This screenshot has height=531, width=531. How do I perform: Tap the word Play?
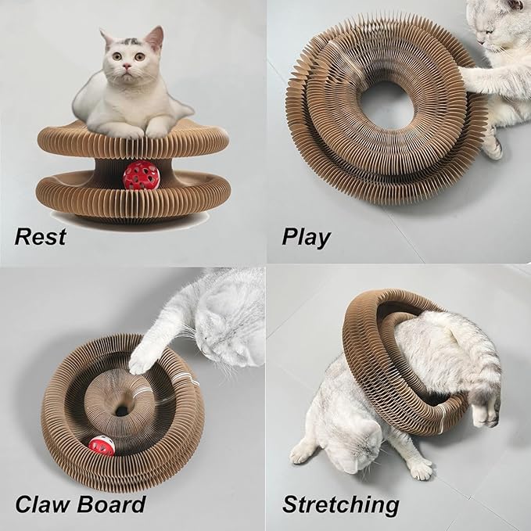pos(306,235)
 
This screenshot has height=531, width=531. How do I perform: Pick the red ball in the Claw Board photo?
pos(102,447)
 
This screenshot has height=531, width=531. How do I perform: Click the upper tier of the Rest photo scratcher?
pos(133,141)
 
